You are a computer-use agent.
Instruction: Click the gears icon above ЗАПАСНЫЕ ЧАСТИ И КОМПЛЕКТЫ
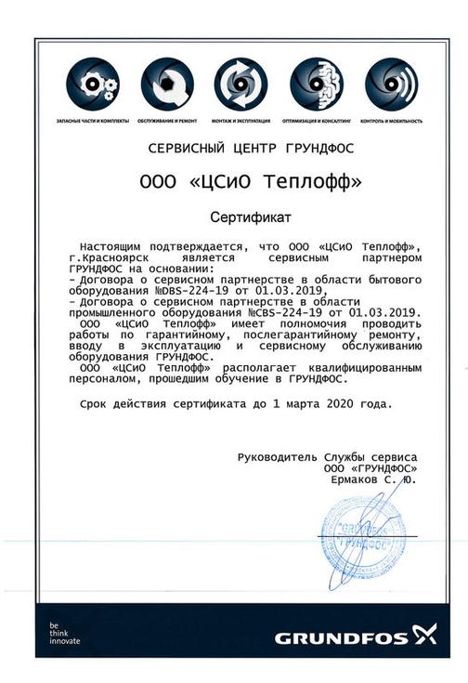[x=93, y=85]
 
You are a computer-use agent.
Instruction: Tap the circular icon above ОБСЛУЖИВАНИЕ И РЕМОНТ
[x=167, y=85]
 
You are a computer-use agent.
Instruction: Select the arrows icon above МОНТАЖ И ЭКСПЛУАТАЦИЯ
[x=240, y=85]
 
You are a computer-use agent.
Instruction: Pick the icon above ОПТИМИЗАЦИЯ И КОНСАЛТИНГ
[x=316, y=85]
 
